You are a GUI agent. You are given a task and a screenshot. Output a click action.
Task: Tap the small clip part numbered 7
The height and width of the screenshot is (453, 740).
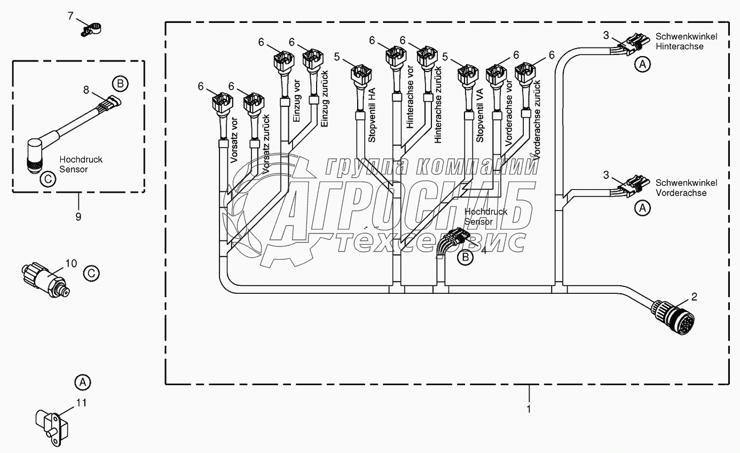(x=92, y=28)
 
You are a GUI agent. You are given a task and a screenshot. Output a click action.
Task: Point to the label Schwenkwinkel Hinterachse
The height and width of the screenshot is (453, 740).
(x=686, y=42)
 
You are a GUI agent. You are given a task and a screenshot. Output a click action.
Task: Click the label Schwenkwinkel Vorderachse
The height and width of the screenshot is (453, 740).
(x=686, y=188)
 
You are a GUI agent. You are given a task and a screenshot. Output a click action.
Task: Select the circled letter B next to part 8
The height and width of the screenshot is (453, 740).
(x=120, y=83)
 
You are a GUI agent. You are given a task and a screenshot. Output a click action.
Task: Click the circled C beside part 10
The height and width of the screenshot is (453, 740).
(x=92, y=273)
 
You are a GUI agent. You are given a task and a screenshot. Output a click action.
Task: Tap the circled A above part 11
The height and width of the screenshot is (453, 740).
(x=82, y=382)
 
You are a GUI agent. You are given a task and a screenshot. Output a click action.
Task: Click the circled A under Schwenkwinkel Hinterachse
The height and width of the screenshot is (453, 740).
(x=643, y=65)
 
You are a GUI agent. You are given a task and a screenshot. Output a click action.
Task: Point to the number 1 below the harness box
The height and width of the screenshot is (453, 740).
(x=529, y=409)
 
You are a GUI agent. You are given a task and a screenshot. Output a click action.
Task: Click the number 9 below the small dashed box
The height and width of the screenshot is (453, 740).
(x=78, y=216)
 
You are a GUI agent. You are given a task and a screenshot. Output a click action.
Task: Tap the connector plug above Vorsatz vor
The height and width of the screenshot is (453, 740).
(x=221, y=101)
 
